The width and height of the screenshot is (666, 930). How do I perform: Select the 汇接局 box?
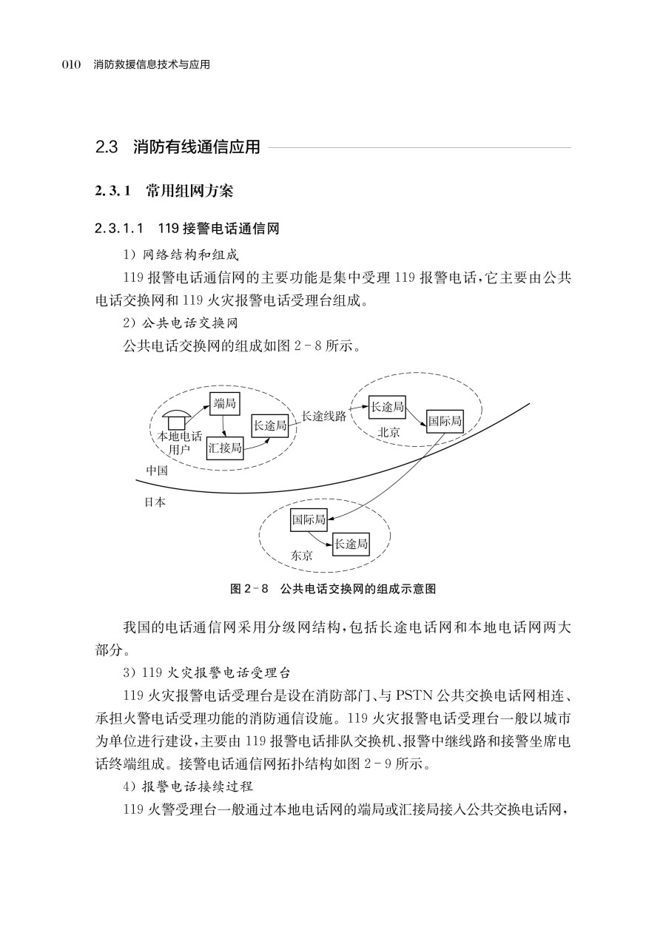(x=225, y=448)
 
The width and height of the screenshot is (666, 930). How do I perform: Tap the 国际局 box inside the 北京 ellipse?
(x=445, y=422)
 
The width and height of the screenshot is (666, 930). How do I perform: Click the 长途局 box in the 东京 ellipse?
(x=351, y=544)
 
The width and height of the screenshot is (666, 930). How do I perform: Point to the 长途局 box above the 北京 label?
(x=387, y=406)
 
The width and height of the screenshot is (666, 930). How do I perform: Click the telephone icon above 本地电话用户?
(x=176, y=418)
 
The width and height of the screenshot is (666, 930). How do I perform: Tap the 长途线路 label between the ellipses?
(x=323, y=417)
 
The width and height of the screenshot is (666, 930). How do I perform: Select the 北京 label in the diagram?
(x=388, y=433)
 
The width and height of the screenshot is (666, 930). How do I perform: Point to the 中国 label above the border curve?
(x=156, y=471)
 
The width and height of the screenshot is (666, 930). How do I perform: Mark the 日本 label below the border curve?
(x=156, y=502)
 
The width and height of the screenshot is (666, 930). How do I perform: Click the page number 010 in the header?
(x=70, y=65)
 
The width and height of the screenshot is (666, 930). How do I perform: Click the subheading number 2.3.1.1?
(x=123, y=228)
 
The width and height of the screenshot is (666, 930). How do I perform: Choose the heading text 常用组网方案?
(x=189, y=192)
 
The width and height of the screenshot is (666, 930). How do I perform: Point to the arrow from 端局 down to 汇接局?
(x=223, y=425)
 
